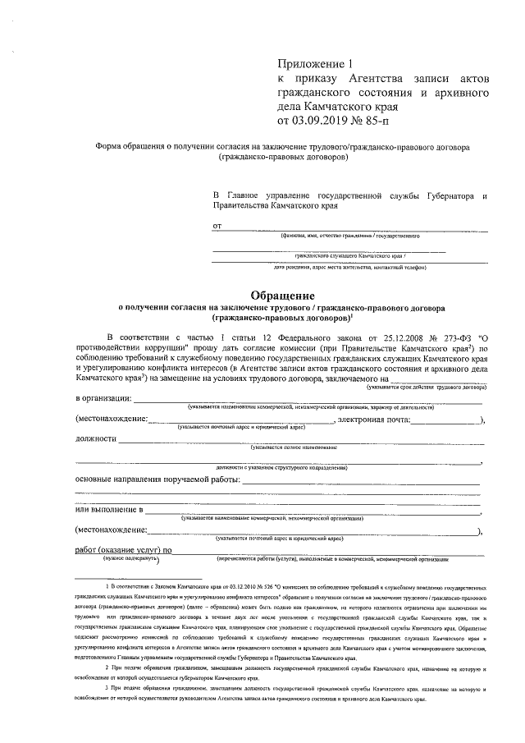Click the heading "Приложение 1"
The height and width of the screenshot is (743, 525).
click(314, 63)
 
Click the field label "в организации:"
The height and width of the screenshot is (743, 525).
click(103, 398)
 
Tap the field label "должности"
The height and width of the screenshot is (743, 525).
click(95, 438)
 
